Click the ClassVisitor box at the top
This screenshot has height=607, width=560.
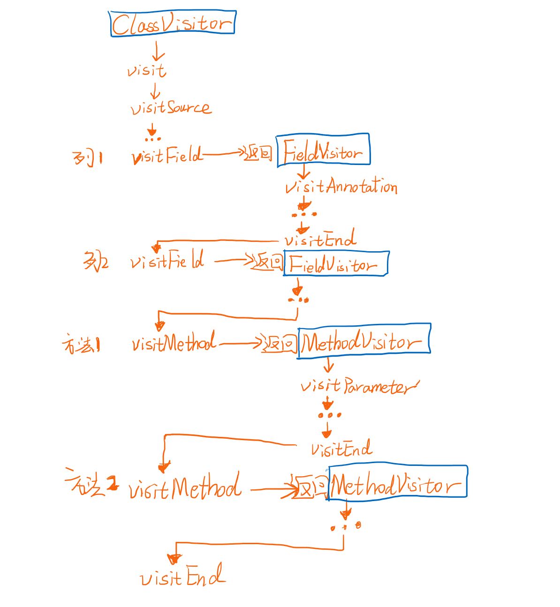(x=173, y=23)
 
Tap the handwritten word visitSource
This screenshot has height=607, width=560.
(x=171, y=108)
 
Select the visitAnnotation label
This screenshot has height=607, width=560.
(x=341, y=187)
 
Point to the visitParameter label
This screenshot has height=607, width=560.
(x=359, y=386)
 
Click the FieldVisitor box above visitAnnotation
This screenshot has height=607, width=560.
(x=323, y=150)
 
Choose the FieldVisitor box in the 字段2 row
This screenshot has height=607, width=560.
(x=336, y=264)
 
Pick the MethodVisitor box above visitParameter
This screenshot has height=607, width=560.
(x=364, y=341)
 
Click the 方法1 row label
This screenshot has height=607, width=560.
(x=81, y=346)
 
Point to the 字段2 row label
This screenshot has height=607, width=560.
(x=96, y=261)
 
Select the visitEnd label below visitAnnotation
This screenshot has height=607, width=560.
(x=320, y=240)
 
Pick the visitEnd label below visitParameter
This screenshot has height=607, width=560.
(x=341, y=450)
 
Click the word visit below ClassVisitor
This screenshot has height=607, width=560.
(x=146, y=71)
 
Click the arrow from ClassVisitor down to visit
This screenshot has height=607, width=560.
(x=158, y=51)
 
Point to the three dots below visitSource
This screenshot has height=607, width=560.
(x=152, y=139)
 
